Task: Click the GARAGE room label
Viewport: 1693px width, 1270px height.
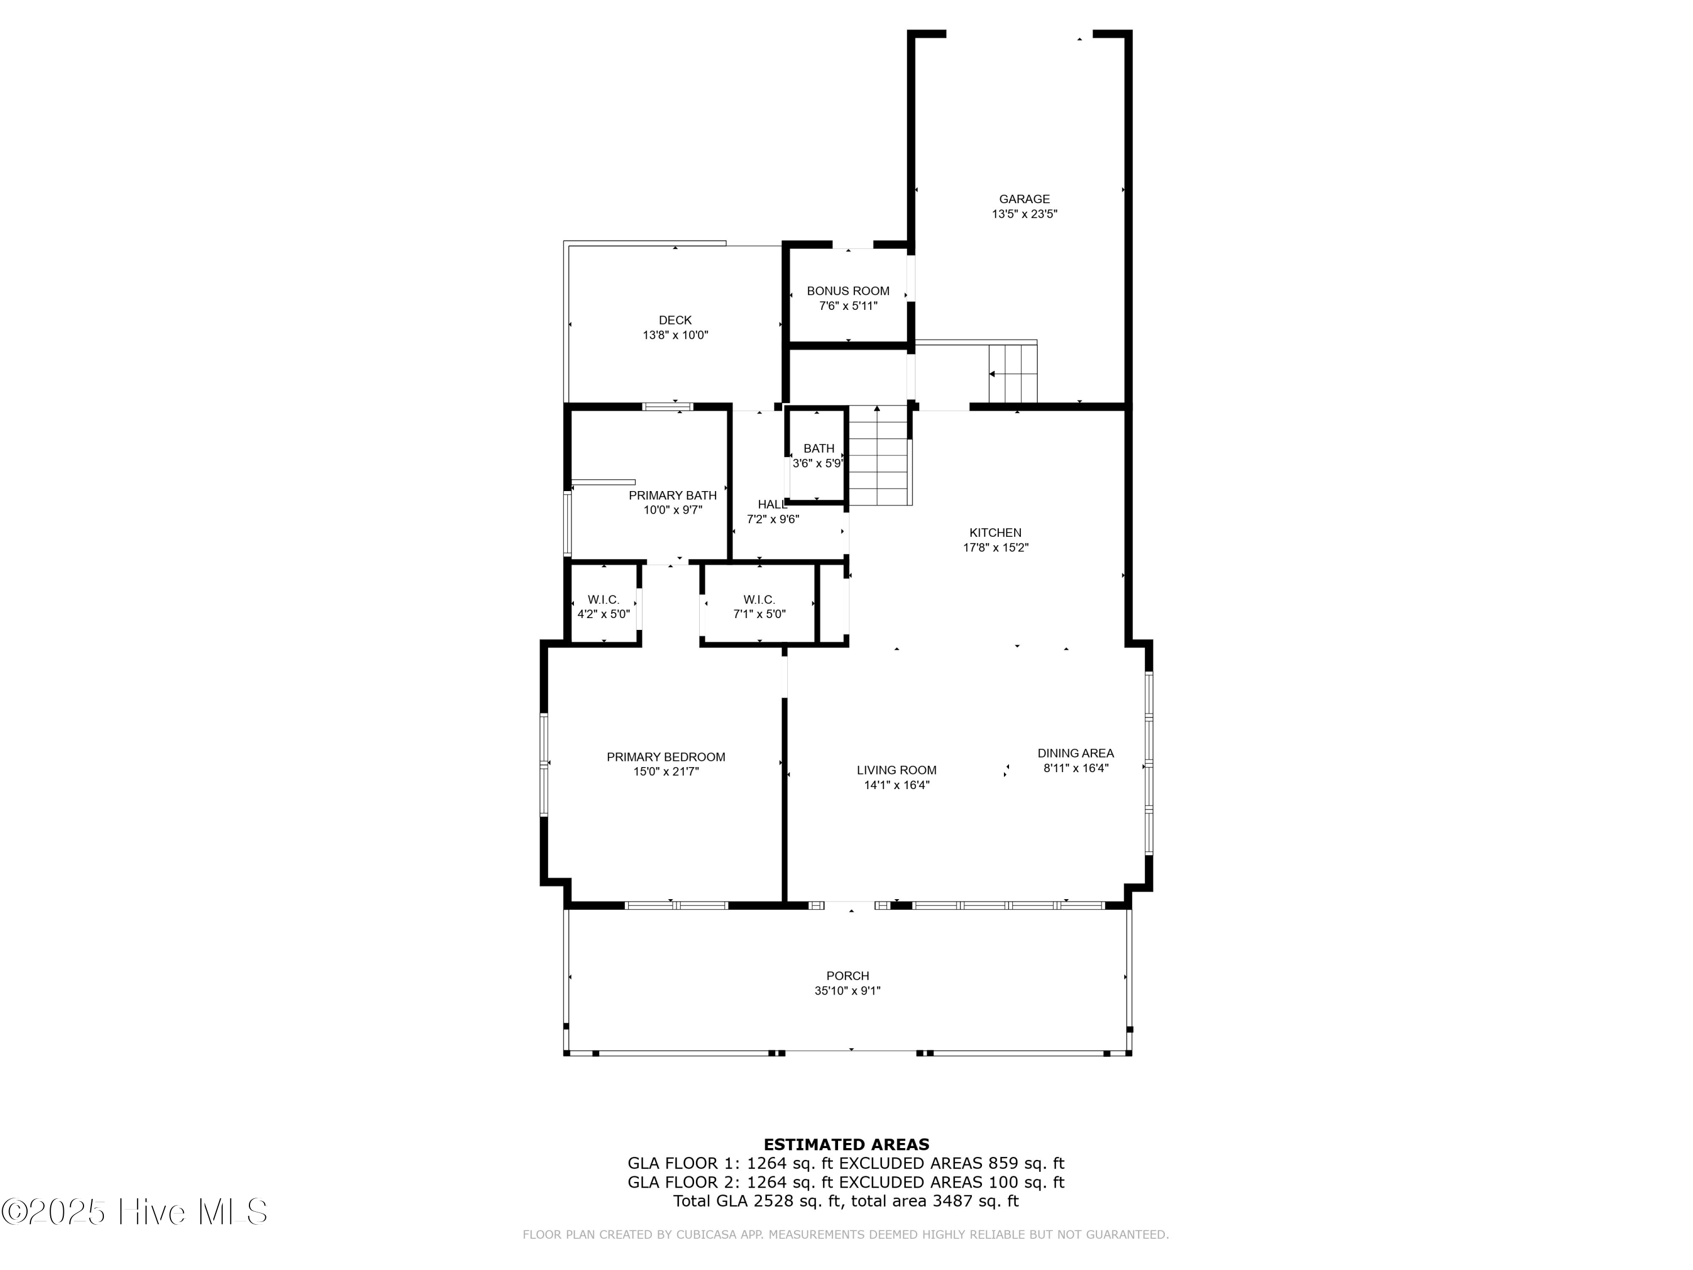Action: point(1024,199)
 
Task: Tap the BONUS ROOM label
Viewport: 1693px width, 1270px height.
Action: point(848,291)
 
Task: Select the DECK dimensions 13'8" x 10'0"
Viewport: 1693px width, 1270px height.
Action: point(675,335)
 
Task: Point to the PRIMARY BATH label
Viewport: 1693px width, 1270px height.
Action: point(673,495)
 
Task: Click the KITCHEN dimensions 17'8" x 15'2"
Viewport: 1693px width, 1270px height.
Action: point(995,548)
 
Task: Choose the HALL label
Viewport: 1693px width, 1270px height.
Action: point(772,505)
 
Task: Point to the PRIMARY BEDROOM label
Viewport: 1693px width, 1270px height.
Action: point(666,757)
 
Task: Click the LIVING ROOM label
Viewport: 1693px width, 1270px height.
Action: point(896,770)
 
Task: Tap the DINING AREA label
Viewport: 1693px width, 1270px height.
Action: point(1076,754)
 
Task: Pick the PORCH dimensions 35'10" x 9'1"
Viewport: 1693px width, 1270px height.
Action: point(848,991)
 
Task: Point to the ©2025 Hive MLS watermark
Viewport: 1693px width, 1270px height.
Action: point(135,1212)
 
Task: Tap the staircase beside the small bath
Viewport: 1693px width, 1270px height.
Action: point(880,456)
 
